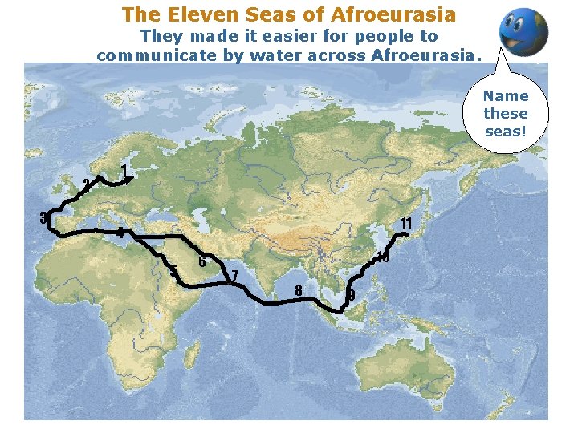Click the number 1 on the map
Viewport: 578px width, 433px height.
point(124,170)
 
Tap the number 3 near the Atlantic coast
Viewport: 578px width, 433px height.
point(45,217)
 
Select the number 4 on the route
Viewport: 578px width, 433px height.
point(119,233)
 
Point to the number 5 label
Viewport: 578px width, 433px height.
point(173,270)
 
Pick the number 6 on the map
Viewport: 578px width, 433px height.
point(201,261)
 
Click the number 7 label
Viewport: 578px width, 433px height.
point(234,277)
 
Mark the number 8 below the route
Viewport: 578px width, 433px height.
point(299,289)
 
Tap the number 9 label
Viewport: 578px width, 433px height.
point(351,296)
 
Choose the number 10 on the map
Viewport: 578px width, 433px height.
point(383,257)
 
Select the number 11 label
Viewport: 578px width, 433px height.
point(406,222)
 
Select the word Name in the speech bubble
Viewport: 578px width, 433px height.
point(506,95)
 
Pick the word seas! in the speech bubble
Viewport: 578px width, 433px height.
point(506,132)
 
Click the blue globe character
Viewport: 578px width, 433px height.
point(523,32)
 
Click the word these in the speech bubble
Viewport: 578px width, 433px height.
point(506,114)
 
